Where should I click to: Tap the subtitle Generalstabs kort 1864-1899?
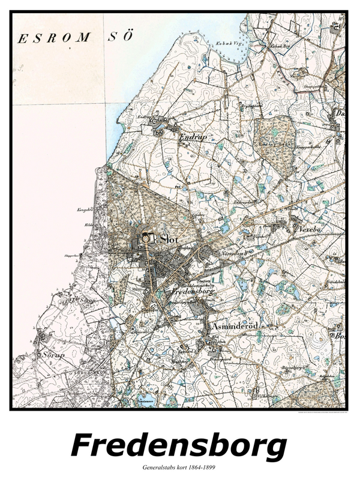click(x=179, y=466)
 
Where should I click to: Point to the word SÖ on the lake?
click(x=119, y=37)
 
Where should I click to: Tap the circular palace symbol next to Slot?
click(x=146, y=240)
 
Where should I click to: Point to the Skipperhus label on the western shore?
click(x=71, y=255)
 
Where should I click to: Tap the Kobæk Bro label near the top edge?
click(x=278, y=46)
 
